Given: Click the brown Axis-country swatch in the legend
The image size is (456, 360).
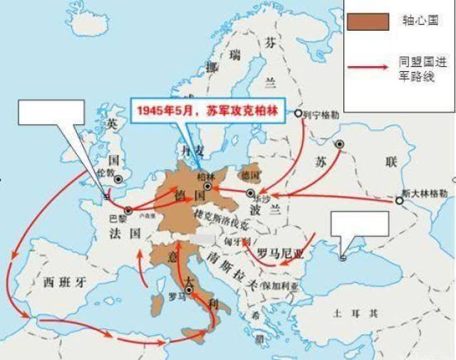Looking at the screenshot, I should click(x=368, y=21).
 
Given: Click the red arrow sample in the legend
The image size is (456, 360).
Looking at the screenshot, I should click(x=369, y=69).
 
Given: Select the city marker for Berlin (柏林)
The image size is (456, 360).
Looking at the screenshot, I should click(x=207, y=185).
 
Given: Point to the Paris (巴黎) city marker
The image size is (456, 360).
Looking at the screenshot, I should click(x=129, y=210).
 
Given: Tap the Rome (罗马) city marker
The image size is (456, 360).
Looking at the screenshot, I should click(x=188, y=290).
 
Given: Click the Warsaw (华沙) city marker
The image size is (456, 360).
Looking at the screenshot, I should click(x=250, y=193).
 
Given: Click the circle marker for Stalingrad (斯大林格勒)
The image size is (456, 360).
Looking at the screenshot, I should click(x=399, y=201).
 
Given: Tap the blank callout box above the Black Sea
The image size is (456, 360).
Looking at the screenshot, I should click(x=360, y=223).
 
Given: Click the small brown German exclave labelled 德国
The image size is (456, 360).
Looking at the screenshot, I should click(x=249, y=174).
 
